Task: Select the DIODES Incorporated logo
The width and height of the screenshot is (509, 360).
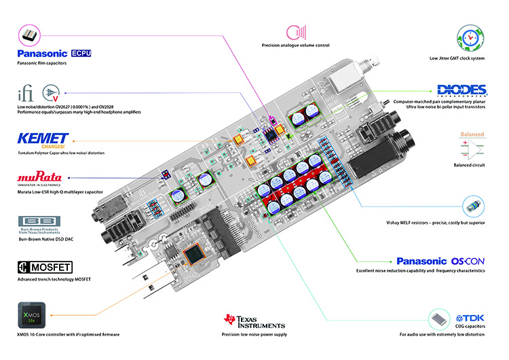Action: pyautogui.click(x=462, y=90)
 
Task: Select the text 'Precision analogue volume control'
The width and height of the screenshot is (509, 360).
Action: pyautogui.click(x=295, y=46)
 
